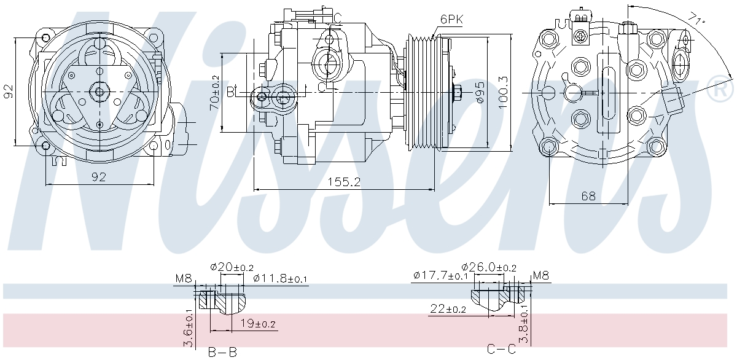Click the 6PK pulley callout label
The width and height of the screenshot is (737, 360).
click(452, 20)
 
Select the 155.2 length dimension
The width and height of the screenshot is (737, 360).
click(344, 182)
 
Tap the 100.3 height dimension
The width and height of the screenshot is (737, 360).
click(503, 93)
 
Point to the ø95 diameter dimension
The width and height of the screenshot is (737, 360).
click(480, 93)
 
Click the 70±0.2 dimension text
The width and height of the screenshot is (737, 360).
click(214, 93)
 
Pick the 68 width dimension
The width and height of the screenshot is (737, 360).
click(588, 196)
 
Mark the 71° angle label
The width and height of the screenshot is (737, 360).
click(697, 18)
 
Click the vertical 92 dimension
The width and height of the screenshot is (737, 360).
click(8, 91)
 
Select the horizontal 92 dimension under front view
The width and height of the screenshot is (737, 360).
click(99, 177)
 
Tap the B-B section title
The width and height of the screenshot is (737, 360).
click(222, 353)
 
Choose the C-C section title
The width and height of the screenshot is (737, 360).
click(501, 349)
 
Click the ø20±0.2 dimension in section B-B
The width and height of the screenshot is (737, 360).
click(232, 267)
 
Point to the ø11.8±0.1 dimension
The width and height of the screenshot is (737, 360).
click(280, 278)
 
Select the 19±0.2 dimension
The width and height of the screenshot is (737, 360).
click(257, 324)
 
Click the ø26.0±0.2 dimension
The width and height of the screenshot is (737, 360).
click(489, 267)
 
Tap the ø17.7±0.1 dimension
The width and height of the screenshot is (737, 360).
click(440, 275)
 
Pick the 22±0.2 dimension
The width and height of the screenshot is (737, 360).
click(448, 308)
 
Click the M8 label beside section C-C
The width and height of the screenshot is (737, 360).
click(541, 275)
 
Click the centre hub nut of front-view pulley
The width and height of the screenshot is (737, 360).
click(99, 92)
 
